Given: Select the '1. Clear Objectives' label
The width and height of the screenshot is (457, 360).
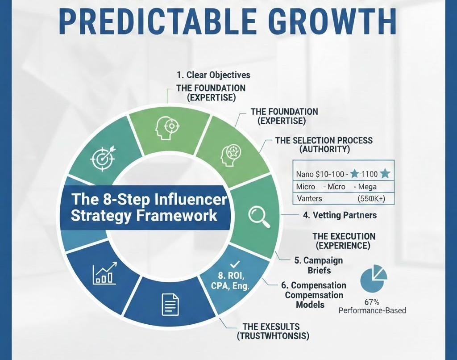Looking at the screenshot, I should point(212,75).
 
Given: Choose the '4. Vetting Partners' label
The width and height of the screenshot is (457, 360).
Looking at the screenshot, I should point(340,215).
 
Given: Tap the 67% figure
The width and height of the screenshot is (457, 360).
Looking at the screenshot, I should point(373,301).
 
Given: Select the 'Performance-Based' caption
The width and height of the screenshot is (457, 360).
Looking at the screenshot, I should point(372,310).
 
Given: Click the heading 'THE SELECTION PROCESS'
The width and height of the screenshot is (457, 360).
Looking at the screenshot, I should point(324,140).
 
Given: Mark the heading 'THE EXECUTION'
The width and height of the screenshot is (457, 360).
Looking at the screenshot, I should point(344,236).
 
